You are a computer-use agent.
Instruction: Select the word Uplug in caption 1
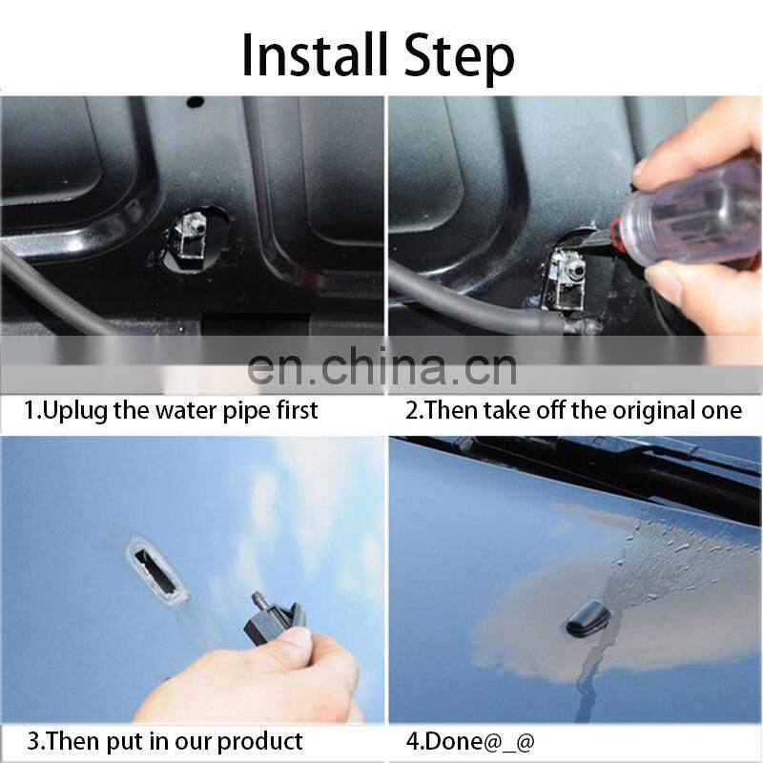point(79,411)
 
